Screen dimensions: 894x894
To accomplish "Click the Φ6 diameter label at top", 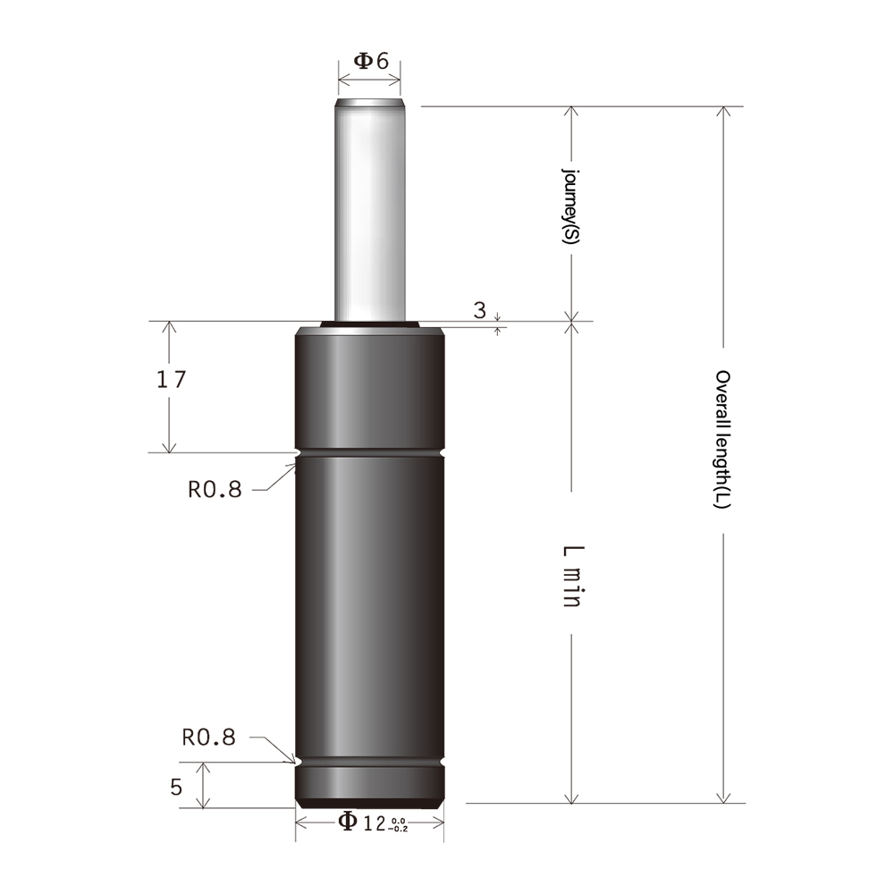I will pyautogui.click(x=371, y=62).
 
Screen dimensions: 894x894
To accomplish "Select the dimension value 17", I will pyautogui.click(x=171, y=379).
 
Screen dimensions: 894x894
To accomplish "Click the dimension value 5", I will pyautogui.click(x=176, y=787).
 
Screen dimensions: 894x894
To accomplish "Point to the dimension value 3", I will pyautogui.click(x=480, y=310).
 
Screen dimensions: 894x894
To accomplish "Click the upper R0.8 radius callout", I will pyautogui.click(x=215, y=489).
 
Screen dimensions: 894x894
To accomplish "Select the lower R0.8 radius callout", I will pyautogui.click(x=208, y=738).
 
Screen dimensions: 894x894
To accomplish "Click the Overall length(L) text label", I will pyautogui.click(x=723, y=440).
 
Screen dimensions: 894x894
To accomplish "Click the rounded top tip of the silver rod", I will pyautogui.click(x=369, y=104).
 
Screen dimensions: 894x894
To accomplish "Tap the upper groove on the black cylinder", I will pyautogui.click(x=369, y=455).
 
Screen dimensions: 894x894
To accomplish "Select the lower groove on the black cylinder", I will pyautogui.click(x=369, y=763).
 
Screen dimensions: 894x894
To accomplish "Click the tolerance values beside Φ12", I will pyautogui.click(x=398, y=822).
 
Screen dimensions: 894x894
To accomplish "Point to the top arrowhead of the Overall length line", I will pyautogui.click(x=723, y=113).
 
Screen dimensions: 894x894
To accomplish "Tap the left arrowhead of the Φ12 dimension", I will pyautogui.click(x=301, y=822).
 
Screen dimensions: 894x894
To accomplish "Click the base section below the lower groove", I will pyautogui.click(x=369, y=784).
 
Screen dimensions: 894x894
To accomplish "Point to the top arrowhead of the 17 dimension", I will pyautogui.click(x=168, y=327).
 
